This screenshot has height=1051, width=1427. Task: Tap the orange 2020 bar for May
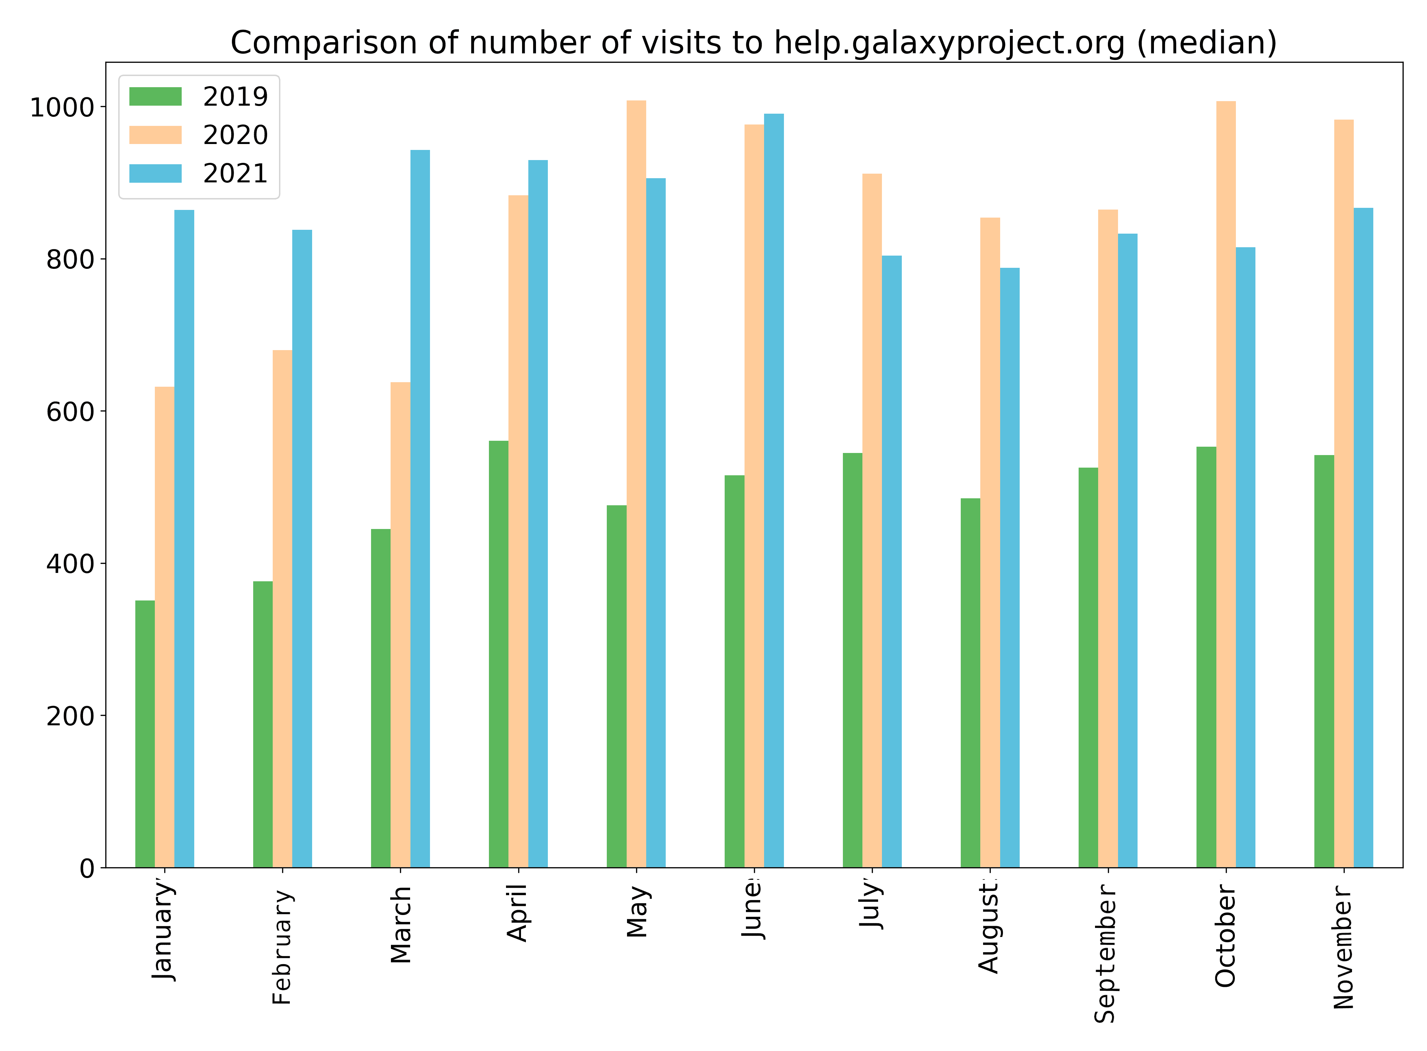[x=636, y=484]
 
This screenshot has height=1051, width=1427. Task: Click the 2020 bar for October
[x=1226, y=484]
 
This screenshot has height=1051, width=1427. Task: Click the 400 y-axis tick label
[x=70, y=564]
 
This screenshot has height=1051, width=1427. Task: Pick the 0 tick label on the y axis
[x=87, y=868]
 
